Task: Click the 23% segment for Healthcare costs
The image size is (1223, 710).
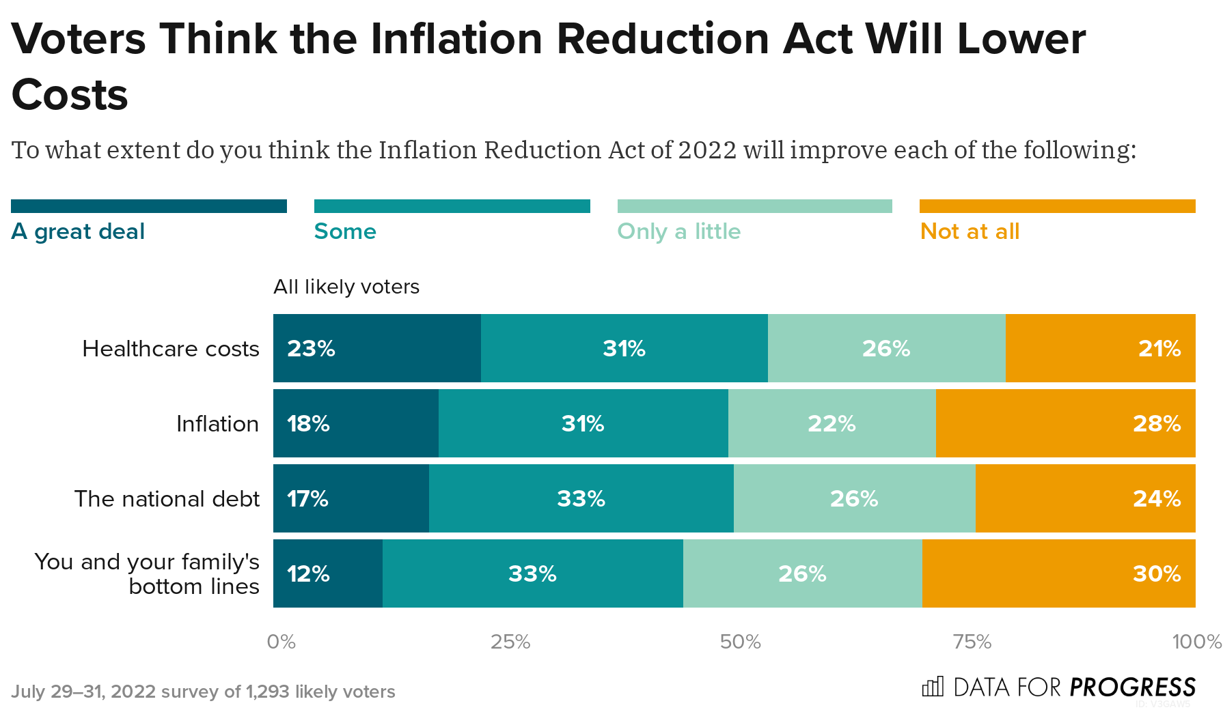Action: pos(376,348)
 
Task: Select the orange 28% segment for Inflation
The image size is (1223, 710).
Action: pos(1065,423)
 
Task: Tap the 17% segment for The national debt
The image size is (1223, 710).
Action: pos(351,498)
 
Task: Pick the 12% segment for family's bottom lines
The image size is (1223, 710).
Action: pos(327,573)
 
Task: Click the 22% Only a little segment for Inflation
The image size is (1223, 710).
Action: pos(832,423)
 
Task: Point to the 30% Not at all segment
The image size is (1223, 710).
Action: pos(1058,573)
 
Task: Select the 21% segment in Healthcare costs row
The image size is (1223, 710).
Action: pos(1100,348)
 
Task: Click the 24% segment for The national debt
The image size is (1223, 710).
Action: pos(1085,498)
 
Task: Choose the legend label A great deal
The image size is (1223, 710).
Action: pos(78,231)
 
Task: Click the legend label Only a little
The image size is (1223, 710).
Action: pos(678,231)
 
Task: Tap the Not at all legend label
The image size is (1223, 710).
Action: pos(970,231)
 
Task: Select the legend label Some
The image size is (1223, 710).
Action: pos(345,231)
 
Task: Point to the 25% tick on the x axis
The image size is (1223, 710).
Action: pos(510,642)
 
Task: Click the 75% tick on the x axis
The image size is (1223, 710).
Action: pos(972,642)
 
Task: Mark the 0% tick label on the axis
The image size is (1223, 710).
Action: pos(281,642)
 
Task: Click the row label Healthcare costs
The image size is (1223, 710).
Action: pos(170,349)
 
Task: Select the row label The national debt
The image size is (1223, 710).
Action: pos(167,499)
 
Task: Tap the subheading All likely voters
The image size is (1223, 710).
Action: pos(346,287)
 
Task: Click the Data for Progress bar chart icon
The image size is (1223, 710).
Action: pos(933,686)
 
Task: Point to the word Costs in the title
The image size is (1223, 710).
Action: pos(70,94)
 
